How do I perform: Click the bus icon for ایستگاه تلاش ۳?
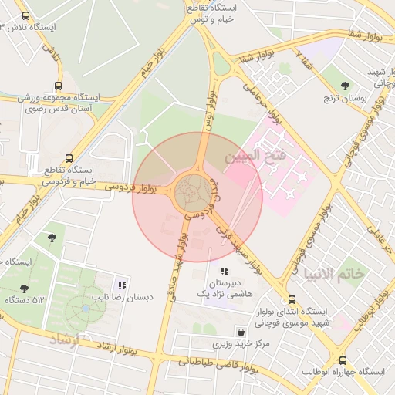pos(26,15)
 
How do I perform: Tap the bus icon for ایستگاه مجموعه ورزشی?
pos(58,86)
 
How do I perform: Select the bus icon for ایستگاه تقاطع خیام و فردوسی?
pos(70,157)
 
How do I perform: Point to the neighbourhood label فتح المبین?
pos(255,157)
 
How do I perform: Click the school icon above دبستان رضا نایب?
pos(123,284)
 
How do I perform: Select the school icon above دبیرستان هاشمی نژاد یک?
pos(225,271)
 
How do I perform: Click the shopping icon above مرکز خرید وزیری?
pos(241,330)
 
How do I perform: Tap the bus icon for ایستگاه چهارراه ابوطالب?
pos(343,360)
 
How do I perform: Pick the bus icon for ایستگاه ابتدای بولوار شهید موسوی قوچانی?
pos(292,299)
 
